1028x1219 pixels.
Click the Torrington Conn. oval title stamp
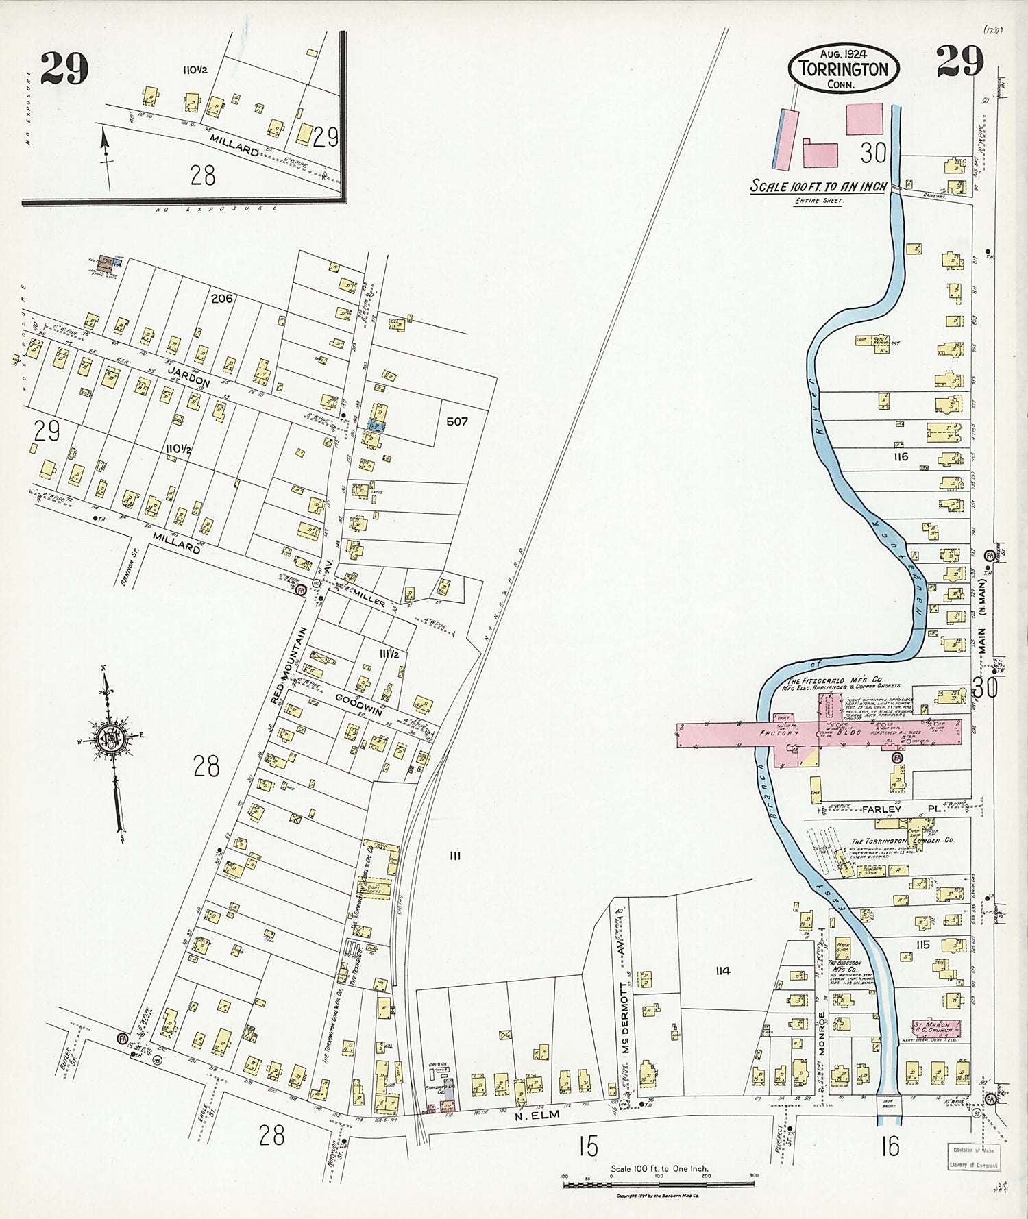(843, 69)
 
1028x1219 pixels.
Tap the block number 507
(456, 421)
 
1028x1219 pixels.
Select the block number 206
(222, 299)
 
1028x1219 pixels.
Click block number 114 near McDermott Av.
(722, 970)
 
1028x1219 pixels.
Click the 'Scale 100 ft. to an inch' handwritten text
(818, 186)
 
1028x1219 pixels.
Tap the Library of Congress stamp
(973, 1158)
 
